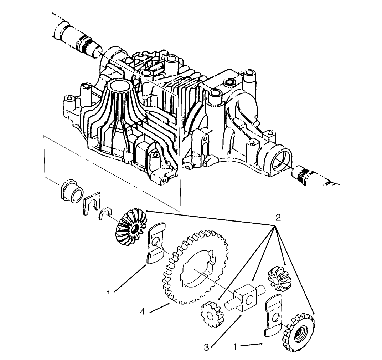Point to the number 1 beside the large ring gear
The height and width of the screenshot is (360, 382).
(x=109, y=294)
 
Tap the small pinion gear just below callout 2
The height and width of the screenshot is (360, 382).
(x=278, y=278)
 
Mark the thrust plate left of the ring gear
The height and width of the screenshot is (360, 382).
(x=155, y=243)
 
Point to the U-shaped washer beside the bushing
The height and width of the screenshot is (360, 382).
(x=92, y=204)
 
